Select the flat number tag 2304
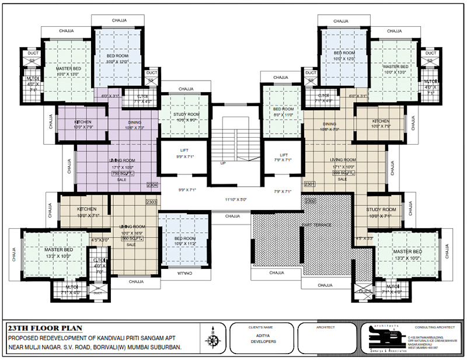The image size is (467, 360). [152, 184]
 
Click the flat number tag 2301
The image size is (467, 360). [309, 184]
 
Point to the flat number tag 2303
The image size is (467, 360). [152, 201]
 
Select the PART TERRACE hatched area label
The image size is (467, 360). [316, 225]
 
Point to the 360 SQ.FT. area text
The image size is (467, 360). [131, 239]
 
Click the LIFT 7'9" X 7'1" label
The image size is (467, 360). [283, 157]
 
